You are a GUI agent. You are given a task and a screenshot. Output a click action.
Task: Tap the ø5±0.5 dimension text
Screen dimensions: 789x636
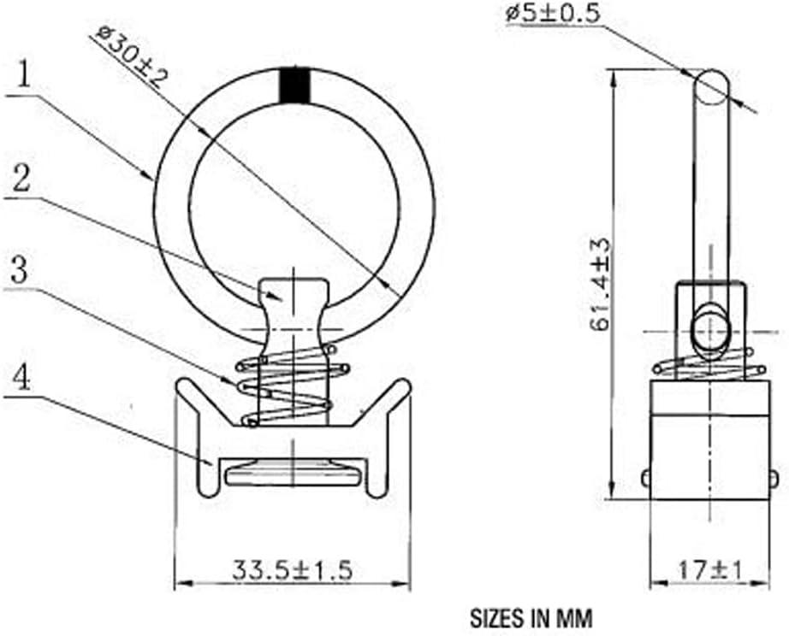click(x=553, y=14)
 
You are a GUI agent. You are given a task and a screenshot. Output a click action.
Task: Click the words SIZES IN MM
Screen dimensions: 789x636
click(x=531, y=618)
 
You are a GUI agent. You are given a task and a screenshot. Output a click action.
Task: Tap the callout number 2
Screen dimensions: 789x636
click(x=21, y=179)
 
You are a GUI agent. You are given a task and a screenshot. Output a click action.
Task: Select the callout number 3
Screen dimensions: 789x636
click(x=20, y=271)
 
